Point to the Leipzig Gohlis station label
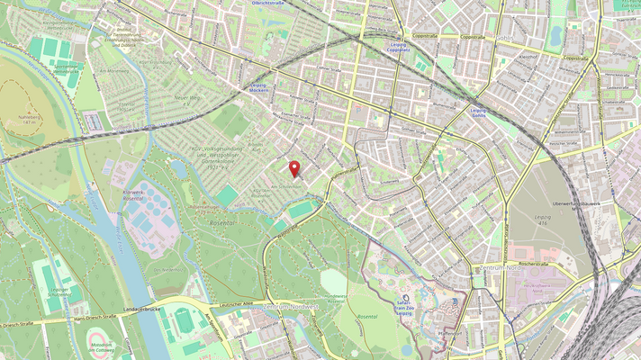coord(478,112)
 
